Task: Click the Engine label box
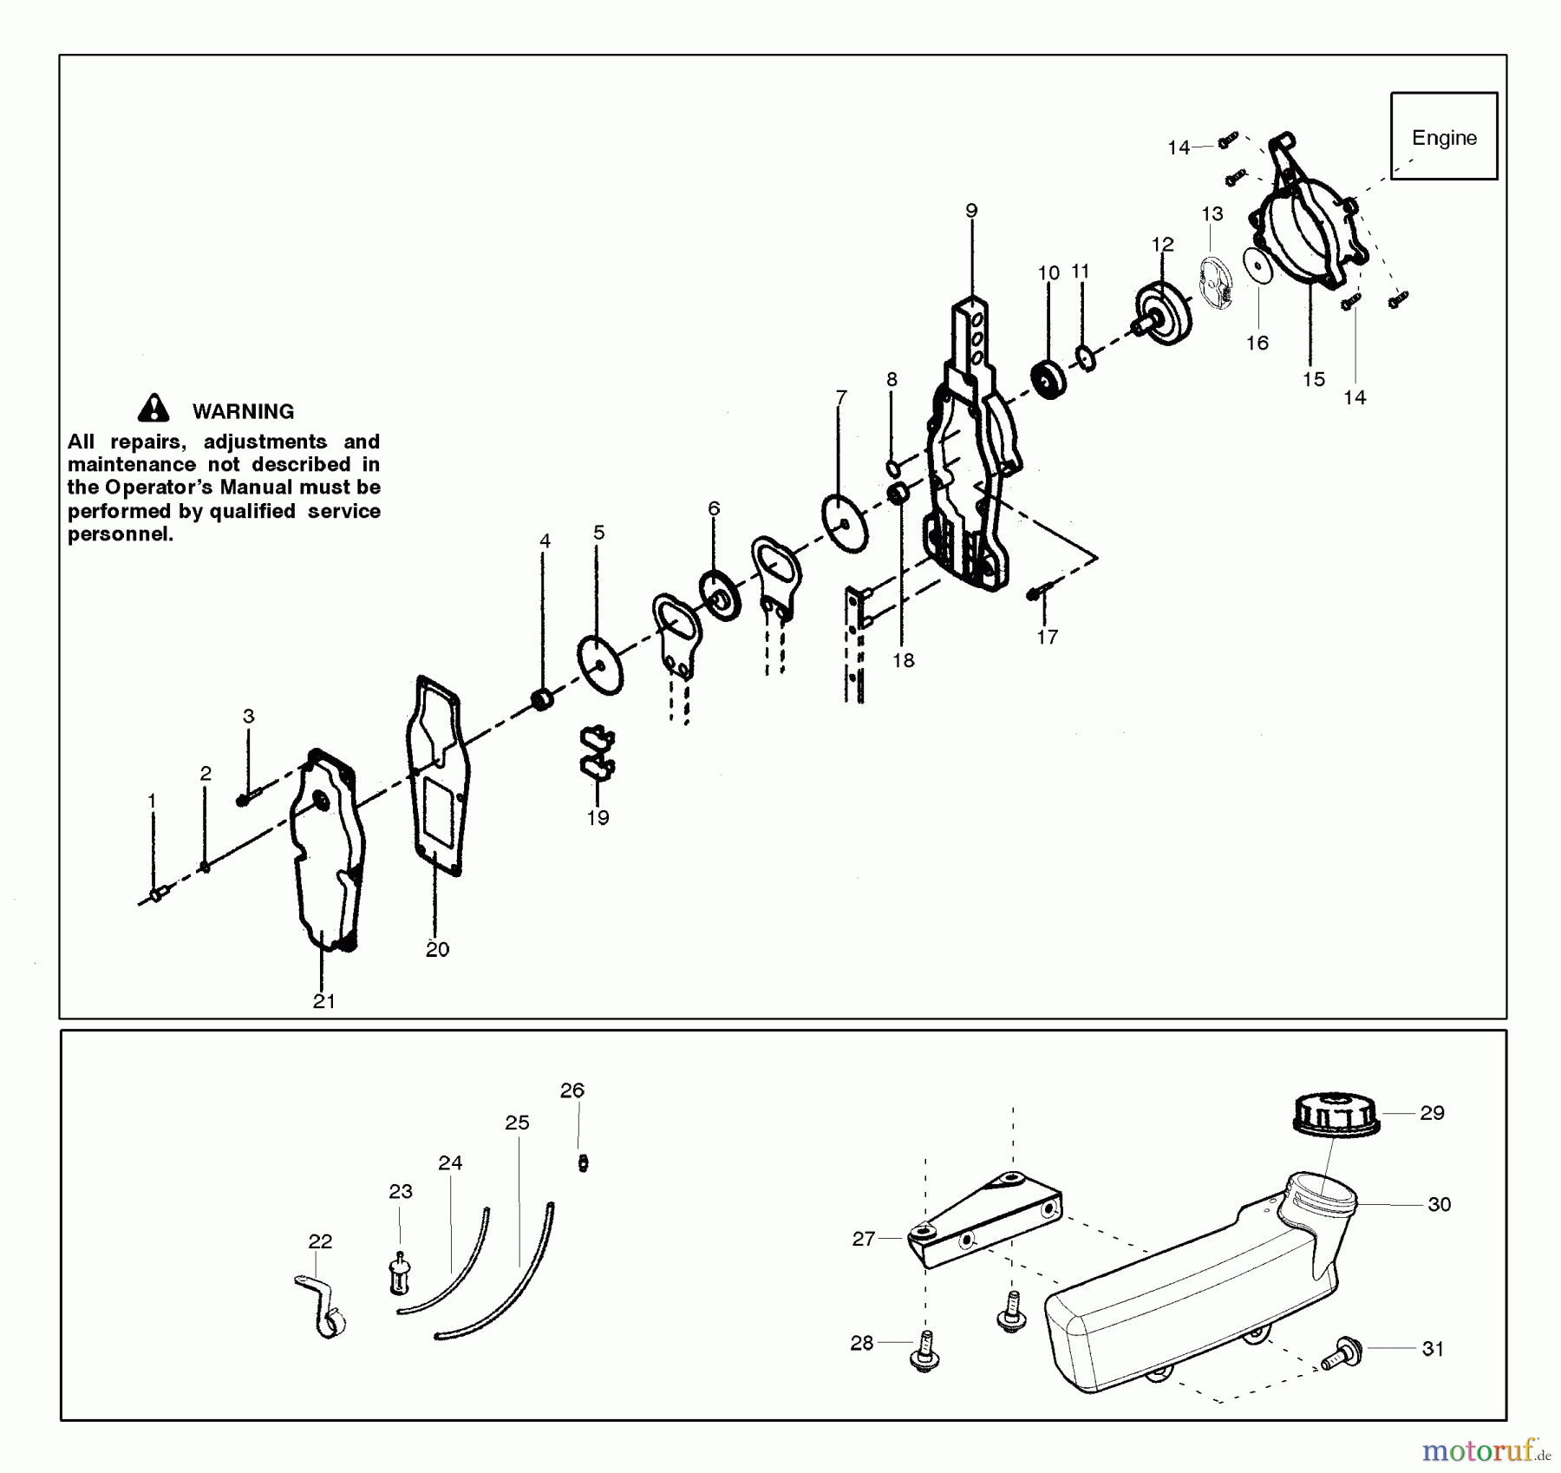1443,136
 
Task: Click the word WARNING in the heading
243,411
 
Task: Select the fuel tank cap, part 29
1336,1115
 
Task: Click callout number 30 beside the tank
1439,1204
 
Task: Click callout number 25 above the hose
517,1123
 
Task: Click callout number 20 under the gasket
437,949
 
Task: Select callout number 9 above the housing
971,211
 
